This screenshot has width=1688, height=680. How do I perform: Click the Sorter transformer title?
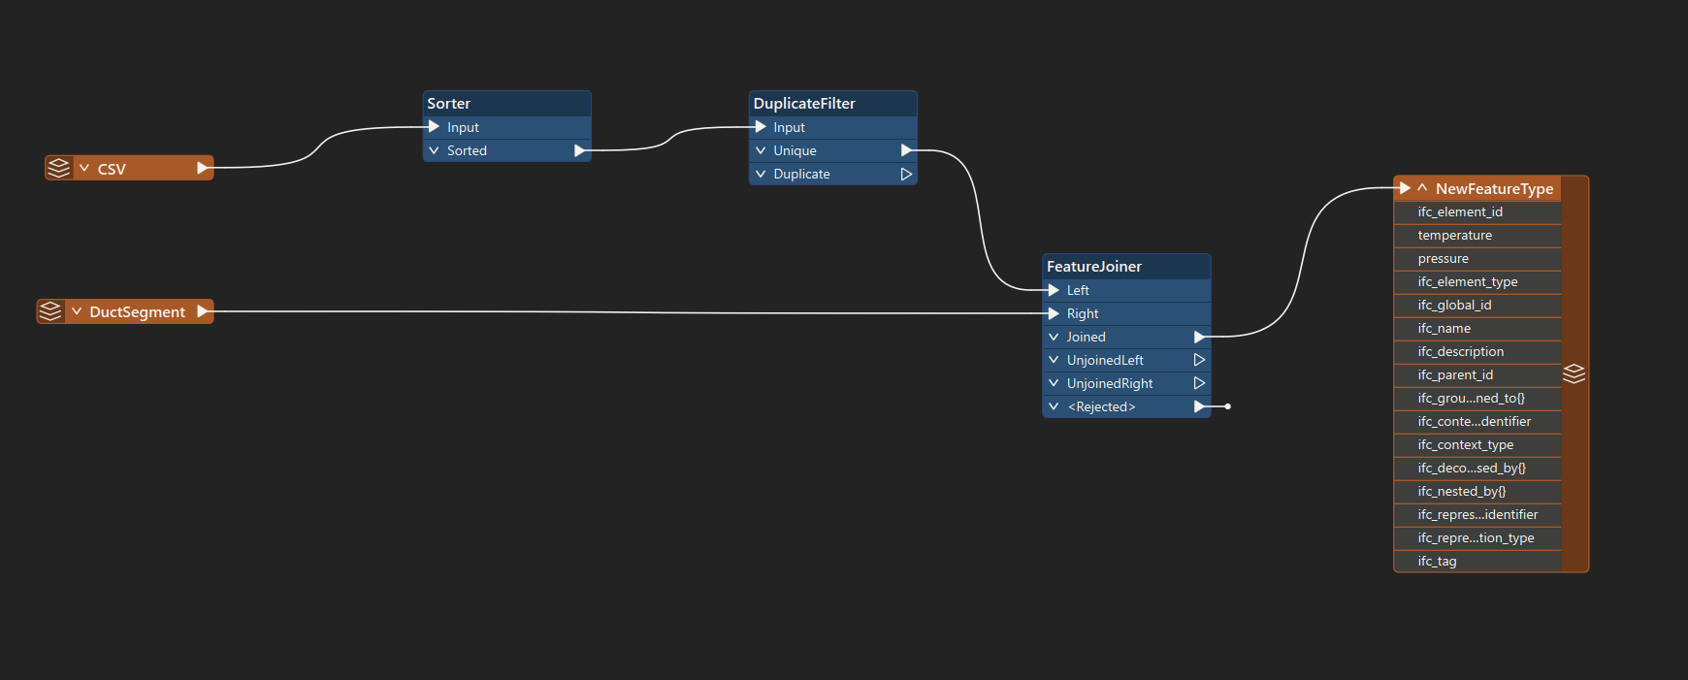point(448,104)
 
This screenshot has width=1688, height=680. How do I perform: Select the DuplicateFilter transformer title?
point(804,104)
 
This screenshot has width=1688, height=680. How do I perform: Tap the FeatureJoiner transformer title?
point(1094,267)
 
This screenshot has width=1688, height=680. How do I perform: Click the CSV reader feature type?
point(129,168)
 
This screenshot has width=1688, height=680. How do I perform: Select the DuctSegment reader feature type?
point(125,311)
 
